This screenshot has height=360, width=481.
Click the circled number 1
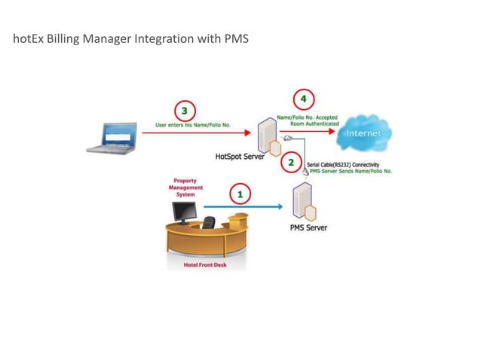pos(240,194)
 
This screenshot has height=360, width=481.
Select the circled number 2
pos(291,163)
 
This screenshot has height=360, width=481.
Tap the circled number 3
pos(182,109)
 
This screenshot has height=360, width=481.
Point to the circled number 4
pos(304,99)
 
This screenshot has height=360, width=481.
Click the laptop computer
pos(112,139)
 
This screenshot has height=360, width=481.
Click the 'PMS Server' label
pos(309,227)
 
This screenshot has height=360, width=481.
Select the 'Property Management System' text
pos(185,188)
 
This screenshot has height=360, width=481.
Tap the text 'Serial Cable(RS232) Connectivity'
pos(344,164)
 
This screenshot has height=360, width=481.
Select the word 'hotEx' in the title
pos(28,38)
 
